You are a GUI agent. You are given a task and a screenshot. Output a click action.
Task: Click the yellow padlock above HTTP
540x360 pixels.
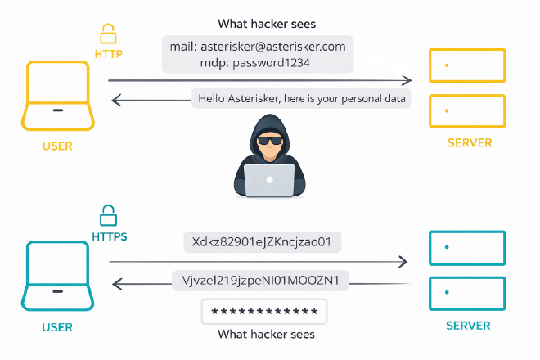pos(107,34)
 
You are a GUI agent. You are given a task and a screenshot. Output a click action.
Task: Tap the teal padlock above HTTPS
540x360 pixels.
pos(107,216)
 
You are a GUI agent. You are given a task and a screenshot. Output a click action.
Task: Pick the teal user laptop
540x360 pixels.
pos(57,275)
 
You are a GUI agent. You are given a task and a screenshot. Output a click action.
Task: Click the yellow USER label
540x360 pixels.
pos(57,146)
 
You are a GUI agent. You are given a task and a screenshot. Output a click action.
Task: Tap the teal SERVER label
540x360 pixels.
pos(468,326)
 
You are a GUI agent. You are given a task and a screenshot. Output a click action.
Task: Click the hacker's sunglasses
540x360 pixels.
pos(269,140)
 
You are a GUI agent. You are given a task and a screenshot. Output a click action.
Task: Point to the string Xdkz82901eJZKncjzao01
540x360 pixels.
pos(261,243)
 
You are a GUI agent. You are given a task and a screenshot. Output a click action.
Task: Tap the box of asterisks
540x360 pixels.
pos(264,312)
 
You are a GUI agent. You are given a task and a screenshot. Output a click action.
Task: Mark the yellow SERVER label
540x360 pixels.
pos(470,143)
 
